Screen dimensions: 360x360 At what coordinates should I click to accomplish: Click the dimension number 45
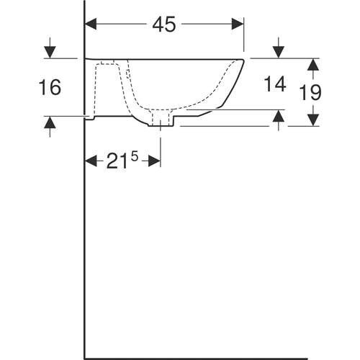pos(164,24)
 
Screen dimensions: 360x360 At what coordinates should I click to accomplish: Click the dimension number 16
pos(50,87)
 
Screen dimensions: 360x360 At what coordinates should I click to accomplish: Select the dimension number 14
pos(275,84)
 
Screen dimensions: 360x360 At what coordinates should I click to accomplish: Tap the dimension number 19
pos(310,92)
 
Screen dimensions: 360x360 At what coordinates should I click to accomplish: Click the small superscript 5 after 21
pos(135,157)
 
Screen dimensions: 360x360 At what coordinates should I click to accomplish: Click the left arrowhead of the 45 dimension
pos(91,24)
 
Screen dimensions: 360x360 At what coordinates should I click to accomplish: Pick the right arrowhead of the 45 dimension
pos(238,24)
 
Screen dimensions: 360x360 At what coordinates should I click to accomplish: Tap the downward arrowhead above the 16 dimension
pos(50,52)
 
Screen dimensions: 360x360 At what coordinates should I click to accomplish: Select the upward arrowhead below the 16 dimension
pos(50,122)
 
